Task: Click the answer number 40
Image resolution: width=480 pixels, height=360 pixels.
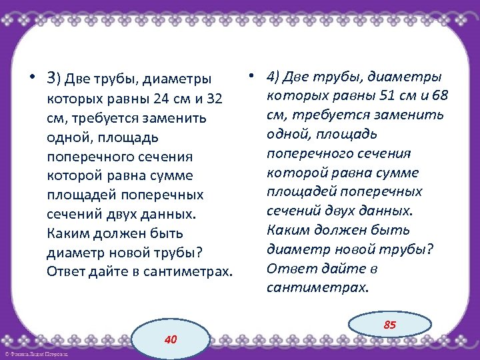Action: point(171,339)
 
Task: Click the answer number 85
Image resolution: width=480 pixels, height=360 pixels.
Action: point(390,325)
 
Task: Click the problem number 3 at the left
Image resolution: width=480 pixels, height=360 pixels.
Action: point(51,79)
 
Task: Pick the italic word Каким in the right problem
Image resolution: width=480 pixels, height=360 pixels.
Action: point(286,231)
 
